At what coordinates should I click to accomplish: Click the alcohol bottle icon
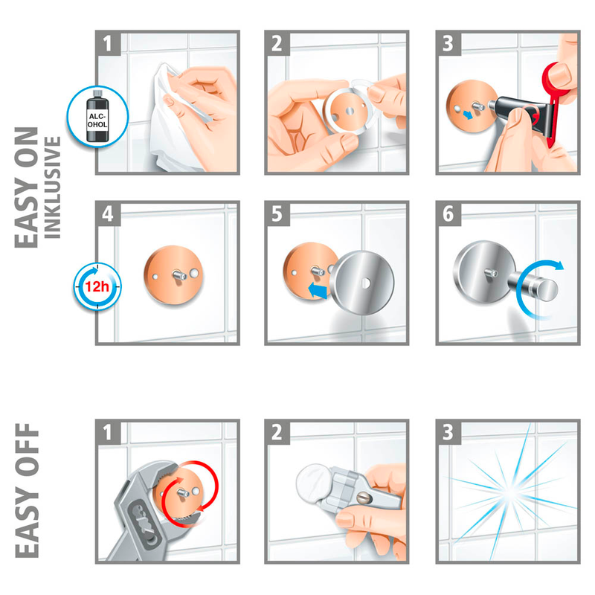(x=97, y=117)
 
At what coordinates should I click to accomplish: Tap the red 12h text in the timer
(x=97, y=286)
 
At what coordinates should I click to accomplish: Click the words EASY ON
(x=27, y=187)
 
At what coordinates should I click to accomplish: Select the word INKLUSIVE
(x=53, y=187)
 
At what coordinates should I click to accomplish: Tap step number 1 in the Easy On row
(x=108, y=43)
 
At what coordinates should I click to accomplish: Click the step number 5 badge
(x=277, y=214)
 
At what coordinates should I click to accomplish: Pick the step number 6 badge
(x=448, y=214)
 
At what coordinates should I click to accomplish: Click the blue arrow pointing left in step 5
(x=318, y=291)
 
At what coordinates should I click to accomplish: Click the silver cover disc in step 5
(x=362, y=283)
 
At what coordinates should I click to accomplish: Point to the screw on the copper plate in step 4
(x=178, y=274)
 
